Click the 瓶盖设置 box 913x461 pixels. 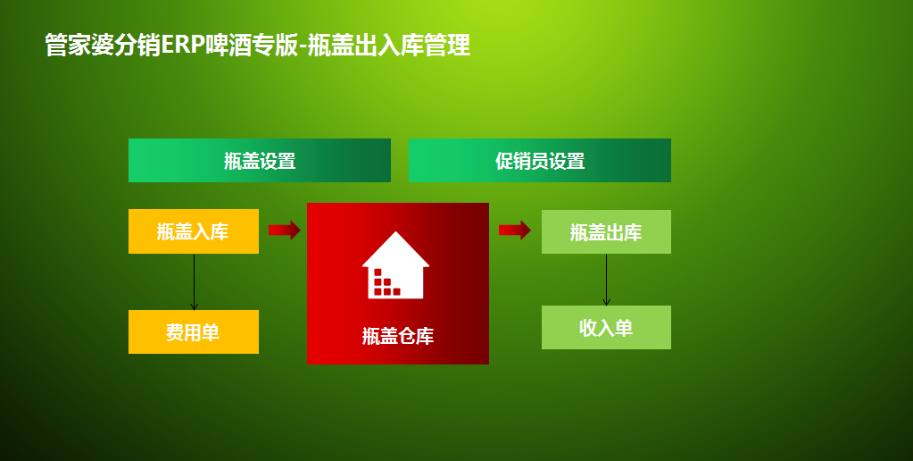pos(259,160)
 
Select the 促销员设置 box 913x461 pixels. pos(540,160)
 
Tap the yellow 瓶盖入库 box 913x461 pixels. pos(194,231)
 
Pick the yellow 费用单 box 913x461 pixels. pos(194,331)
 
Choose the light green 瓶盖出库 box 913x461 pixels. pos(606,232)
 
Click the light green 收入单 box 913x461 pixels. pos(606,328)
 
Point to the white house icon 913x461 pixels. pos(396,265)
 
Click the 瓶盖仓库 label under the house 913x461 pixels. pos(398,336)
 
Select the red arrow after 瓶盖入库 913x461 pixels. pos(284,230)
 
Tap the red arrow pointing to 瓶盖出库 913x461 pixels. pos(515,230)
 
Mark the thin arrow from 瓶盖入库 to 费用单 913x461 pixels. pos(194,282)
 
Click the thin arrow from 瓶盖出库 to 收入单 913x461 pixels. pos(606,280)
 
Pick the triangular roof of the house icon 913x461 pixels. pos(396,249)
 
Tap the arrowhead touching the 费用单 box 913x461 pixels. pos(194,306)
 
